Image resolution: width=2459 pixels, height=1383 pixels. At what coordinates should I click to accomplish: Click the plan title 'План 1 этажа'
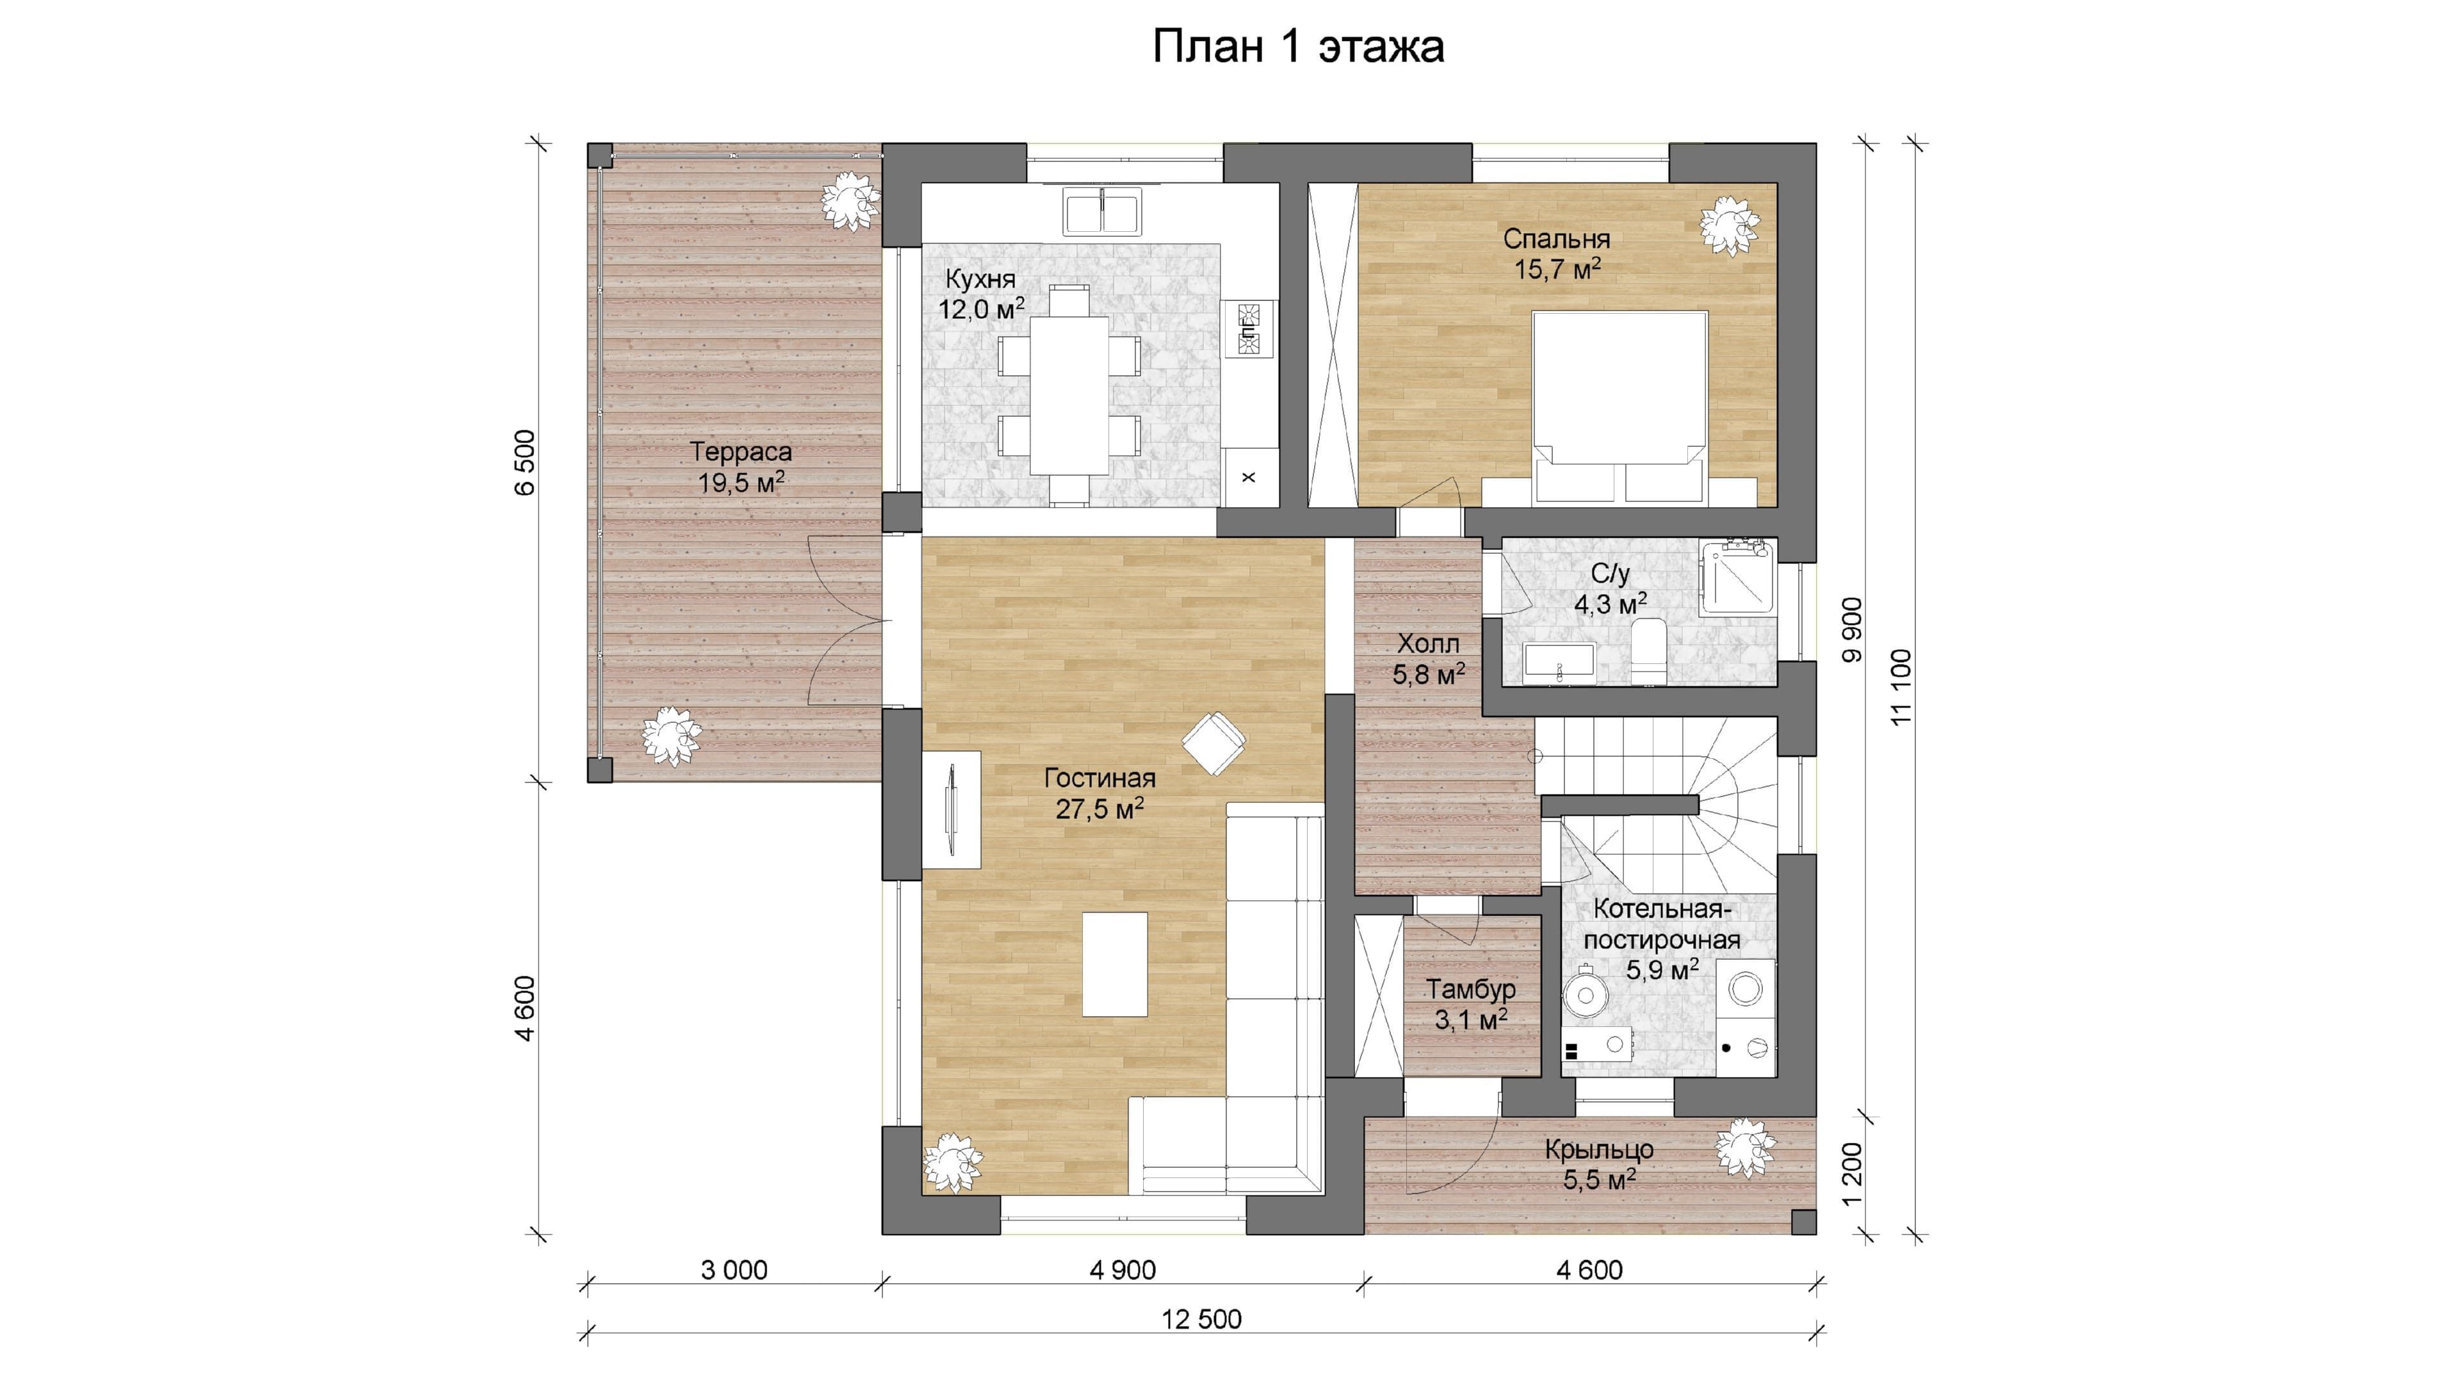[x=1298, y=47]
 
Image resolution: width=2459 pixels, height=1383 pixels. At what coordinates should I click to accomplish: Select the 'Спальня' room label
[x=1557, y=239]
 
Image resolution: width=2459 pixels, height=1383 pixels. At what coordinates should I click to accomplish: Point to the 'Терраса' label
[x=741, y=451]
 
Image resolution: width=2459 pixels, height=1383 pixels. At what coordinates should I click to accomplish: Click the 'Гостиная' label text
[x=1100, y=778]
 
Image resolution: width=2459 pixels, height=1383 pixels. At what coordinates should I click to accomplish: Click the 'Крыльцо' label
[x=1599, y=1150]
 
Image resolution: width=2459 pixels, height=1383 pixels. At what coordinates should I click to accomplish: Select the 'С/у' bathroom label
[x=1611, y=574]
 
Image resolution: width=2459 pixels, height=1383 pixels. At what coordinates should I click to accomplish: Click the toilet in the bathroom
[x=1648, y=651]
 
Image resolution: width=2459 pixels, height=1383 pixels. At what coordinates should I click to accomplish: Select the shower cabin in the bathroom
[x=1737, y=576]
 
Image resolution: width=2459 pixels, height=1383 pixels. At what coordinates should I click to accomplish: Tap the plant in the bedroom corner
[x=1729, y=226]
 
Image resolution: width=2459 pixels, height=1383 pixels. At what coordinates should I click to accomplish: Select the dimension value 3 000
[x=734, y=1270]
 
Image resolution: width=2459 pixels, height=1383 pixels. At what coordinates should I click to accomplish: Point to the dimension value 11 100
[x=1901, y=686]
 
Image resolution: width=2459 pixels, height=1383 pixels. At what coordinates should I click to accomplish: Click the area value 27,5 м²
[x=1100, y=809]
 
